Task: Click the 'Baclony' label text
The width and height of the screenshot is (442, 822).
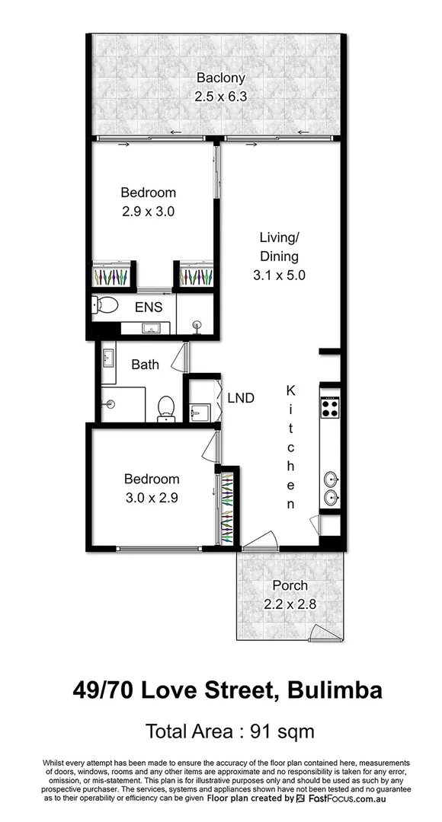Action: [x=221, y=78]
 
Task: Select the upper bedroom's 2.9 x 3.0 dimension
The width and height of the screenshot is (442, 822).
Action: [x=149, y=211]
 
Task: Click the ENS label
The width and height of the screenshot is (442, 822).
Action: [x=149, y=308]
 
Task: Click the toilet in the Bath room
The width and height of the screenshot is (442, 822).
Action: [x=165, y=409]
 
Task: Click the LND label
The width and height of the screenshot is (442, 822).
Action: [x=241, y=397]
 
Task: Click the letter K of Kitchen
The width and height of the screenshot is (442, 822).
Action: [x=290, y=390]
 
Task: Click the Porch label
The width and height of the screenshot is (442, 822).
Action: [x=290, y=585]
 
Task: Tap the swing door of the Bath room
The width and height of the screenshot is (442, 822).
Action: [x=180, y=356]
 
